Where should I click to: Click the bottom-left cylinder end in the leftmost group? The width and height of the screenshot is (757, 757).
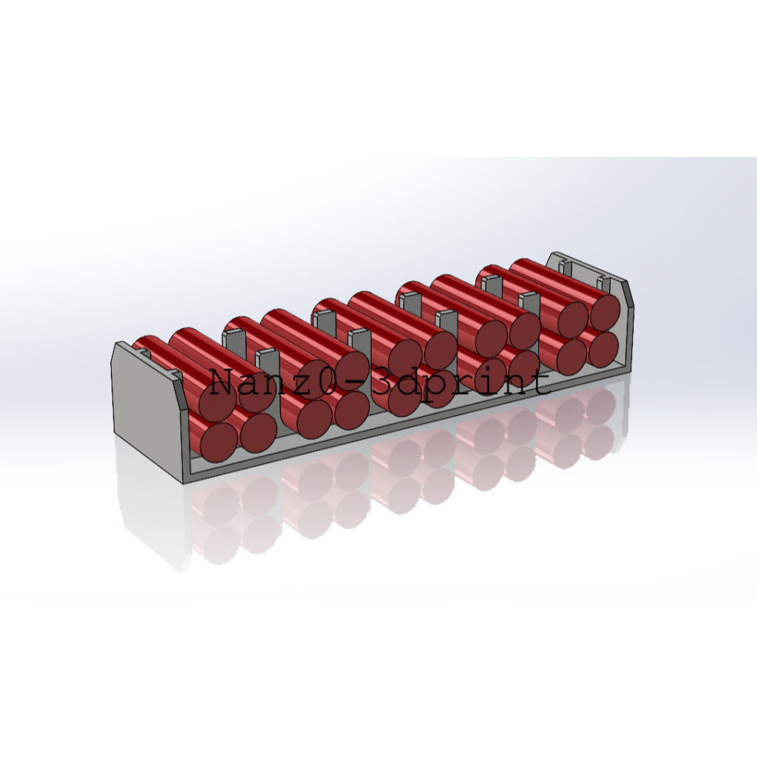coord(219,441)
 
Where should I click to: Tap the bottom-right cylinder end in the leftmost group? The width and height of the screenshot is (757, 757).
coord(258,432)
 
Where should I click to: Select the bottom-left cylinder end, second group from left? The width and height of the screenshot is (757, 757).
coord(314,419)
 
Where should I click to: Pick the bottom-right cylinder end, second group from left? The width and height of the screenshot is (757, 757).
coord(352,410)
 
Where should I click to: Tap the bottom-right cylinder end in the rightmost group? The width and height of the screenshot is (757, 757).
coord(603,347)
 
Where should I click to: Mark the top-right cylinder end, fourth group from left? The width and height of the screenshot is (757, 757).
coord(524,330)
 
